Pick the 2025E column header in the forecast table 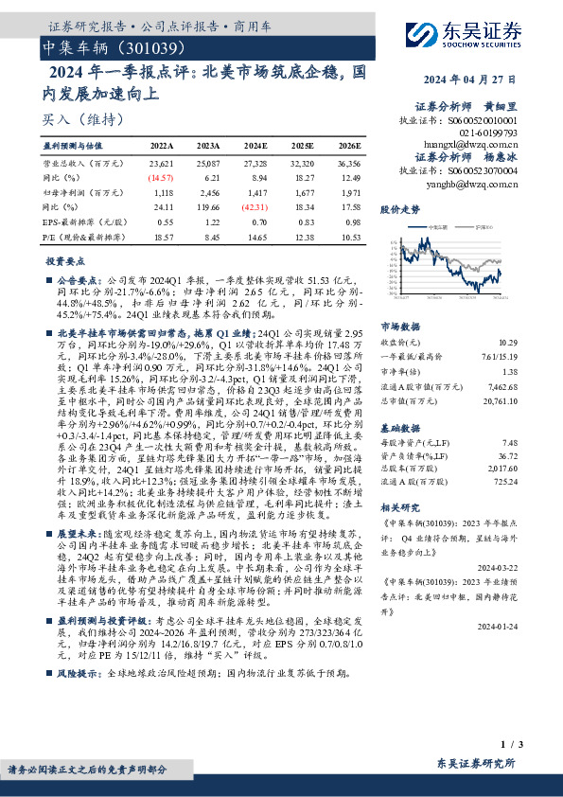[304, 147]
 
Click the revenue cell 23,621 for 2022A [162, 163]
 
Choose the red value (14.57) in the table [161, 177]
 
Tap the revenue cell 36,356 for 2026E [349, 163]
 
